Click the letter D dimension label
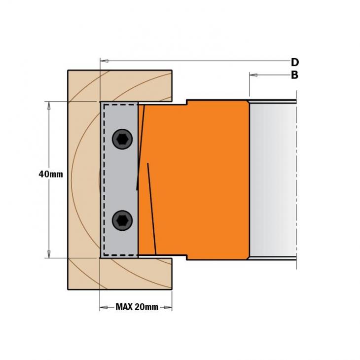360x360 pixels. coord(295,62)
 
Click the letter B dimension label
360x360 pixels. coord(294,75)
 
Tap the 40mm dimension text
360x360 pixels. coord(51,174)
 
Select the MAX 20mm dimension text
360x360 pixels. coord(137,307)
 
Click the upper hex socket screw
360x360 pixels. coord(122,139)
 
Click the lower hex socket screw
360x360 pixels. coord(122,220)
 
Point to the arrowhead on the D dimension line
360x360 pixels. coord(105,61)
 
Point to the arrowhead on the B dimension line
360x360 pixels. coord(253,75)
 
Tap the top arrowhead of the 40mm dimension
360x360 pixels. coord(49,106)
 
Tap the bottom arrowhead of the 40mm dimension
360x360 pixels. coord(49,253)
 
